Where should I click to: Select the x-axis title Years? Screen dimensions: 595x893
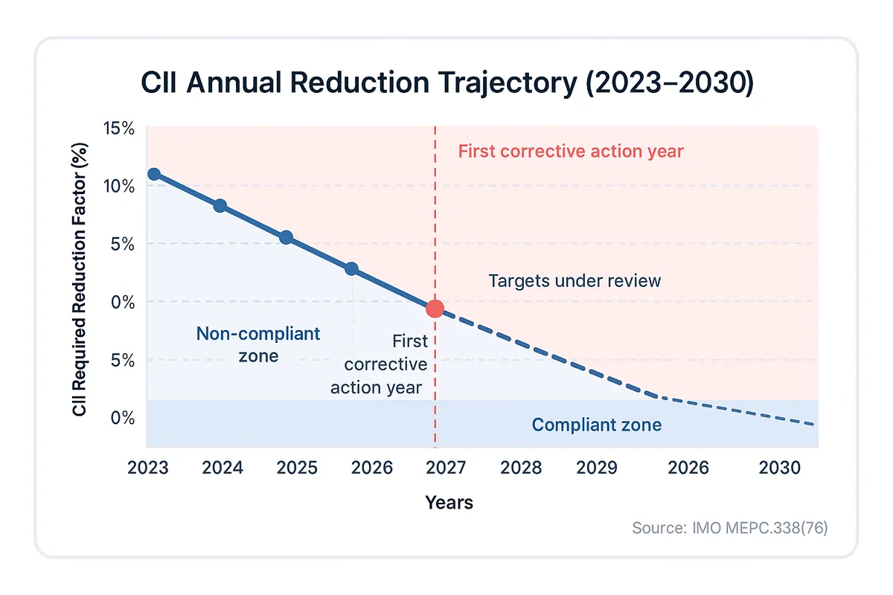click(449, 503)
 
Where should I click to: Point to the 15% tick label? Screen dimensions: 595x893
click(118, 129)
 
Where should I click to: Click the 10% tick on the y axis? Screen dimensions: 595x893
click(118, 186)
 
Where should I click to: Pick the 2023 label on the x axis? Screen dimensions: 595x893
click(147, 469)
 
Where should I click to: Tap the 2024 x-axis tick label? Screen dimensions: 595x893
click(223, 469)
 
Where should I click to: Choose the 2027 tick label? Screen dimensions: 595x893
click(446, 469)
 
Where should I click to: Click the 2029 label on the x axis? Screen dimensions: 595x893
click(597, 469)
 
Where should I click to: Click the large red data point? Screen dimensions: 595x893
click(435, 309)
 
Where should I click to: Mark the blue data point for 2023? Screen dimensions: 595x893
click(154, 174)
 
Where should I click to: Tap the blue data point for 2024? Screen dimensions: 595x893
click(220, 206)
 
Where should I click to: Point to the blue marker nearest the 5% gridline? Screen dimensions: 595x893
click(286, 238)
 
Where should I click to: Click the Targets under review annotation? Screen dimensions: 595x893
click(574, 281)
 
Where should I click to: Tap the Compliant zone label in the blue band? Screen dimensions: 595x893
click(596, 425)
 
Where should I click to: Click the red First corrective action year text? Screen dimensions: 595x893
click(570, 152)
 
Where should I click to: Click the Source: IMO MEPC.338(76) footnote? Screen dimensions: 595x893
click(729, 528)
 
